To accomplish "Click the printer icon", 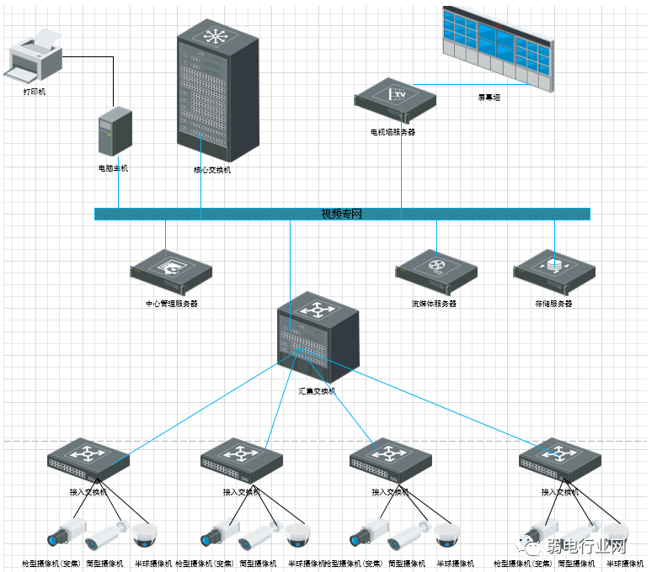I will (35, 56).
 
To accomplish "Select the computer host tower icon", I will (115, 131).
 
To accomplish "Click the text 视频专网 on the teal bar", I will (341, 214).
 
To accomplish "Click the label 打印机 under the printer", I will (35, 91).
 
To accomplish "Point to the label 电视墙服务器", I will (393, 132).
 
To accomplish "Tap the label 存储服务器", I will (553, 303).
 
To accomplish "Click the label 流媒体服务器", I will (434, 303).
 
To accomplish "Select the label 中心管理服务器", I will (172, 303).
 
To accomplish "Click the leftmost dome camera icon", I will (146, 534).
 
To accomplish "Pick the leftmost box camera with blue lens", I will (67, 532).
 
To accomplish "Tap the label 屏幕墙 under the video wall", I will (489, 98).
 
